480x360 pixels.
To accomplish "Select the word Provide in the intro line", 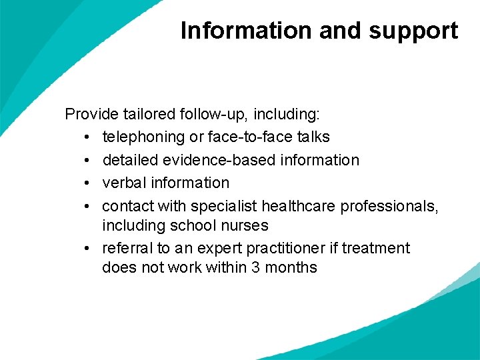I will (x=89, y=114).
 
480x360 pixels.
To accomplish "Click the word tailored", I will (x=141, y=114).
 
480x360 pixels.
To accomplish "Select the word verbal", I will (x=124, y=183).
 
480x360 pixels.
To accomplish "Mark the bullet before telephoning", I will (x=88, y=137).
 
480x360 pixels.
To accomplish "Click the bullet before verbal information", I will (x=88, y=183).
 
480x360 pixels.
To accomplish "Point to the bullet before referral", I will (x=88, y=248).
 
